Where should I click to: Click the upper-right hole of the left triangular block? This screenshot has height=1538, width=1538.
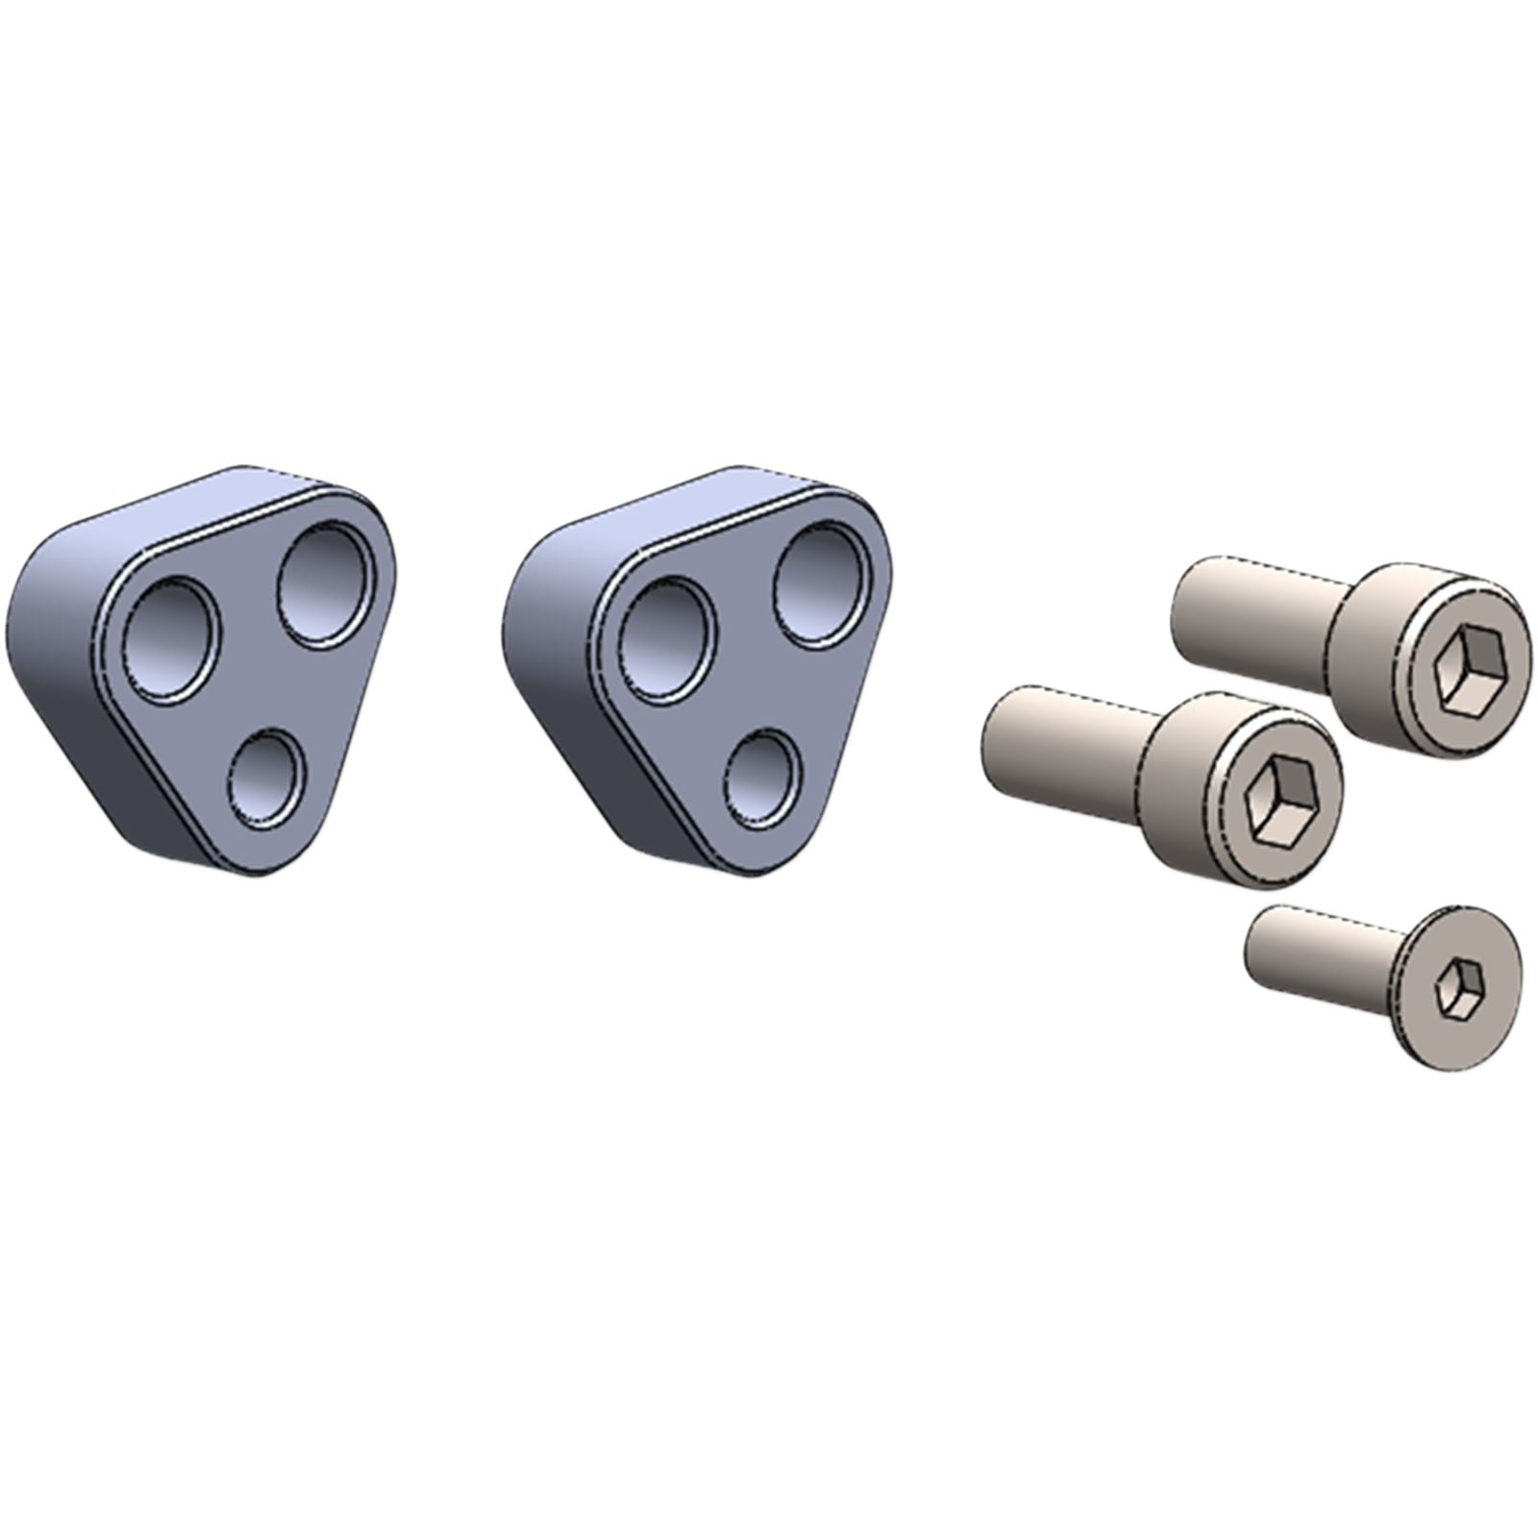coord(326,583)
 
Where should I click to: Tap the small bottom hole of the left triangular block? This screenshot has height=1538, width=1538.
coord(265,779)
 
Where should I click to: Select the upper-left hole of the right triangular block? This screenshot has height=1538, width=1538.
coord(668,639)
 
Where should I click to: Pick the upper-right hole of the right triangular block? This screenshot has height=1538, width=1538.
coord(823,583)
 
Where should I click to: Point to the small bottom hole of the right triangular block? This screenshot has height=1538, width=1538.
coord(762,779)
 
